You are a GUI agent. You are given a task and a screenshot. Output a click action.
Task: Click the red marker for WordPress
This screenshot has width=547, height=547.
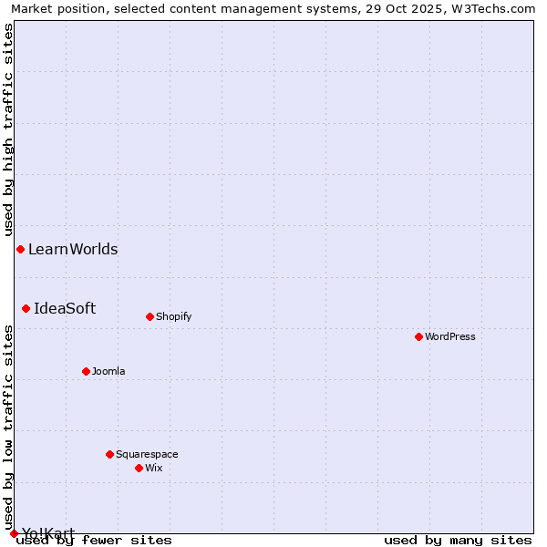(x=418, y=336)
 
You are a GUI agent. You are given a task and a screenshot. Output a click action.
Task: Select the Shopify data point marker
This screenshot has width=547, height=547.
(x=150, y=316)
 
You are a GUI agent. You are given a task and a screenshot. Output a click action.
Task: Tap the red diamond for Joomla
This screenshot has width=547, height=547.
(x=86, y=371)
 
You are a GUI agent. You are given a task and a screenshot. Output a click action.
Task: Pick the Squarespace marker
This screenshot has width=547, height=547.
(x=109, y=454)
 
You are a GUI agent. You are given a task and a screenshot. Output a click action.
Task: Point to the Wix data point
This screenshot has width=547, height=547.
(x=139, y=468)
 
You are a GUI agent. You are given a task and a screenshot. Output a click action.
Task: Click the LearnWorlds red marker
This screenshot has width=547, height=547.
(x=20, y=249)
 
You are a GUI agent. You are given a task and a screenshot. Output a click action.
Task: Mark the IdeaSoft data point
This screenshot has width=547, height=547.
(x=26, y=308)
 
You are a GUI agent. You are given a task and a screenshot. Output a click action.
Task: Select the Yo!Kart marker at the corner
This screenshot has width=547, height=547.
(x=14, y=533)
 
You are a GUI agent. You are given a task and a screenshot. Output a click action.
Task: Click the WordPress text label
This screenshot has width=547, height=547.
(x=450, y=336)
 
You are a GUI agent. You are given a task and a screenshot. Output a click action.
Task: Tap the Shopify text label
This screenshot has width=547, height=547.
(x=173, y=316)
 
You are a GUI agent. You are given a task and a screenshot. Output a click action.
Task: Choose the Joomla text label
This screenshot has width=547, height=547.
(x=108, y=371)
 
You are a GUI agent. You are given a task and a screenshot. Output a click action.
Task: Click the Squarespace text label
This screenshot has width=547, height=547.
(x=147, y=454)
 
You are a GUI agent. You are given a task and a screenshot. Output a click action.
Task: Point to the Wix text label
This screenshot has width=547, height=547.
(x=154, y=468)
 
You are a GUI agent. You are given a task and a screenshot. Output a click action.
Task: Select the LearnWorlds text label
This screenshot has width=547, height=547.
(x=73, y=249)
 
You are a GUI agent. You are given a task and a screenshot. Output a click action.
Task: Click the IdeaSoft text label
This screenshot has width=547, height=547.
(x=65, y=308)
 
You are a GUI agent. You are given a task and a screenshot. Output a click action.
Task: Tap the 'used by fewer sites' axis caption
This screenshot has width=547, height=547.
(x=95, y=540)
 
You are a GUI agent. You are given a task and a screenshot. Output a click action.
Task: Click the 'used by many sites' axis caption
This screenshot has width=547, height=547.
(x=458, y=540)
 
